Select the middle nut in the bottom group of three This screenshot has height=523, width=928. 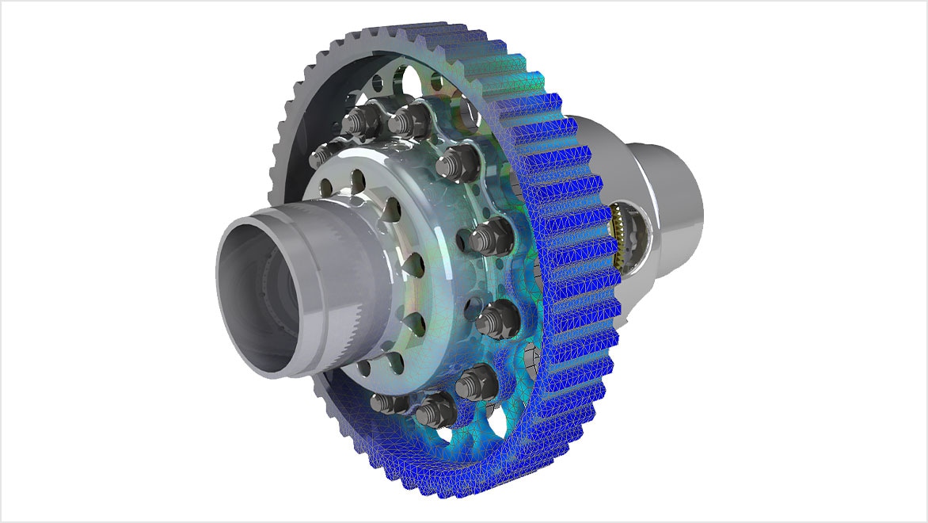point(434,411)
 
